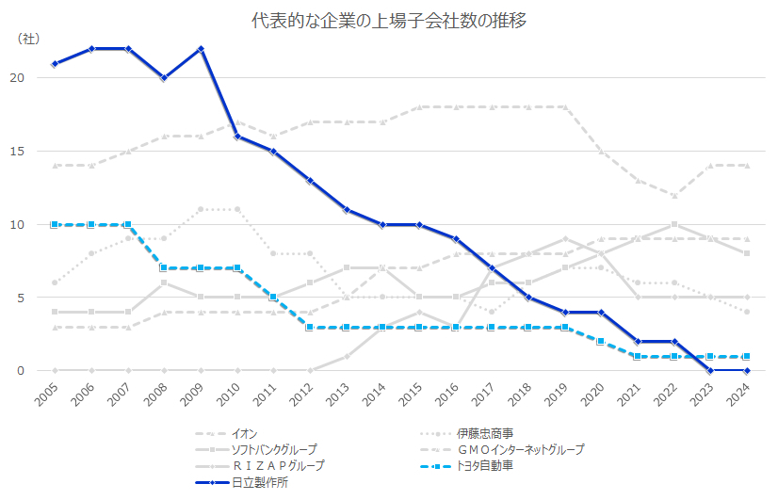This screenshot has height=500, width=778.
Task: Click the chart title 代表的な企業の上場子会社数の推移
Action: click(x=388, y=20)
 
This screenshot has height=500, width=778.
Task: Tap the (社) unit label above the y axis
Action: click(x=29, y=39)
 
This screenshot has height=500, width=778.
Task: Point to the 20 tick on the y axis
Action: click(x=32, y=78)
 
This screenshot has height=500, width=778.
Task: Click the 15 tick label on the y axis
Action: click(x=32, y=152)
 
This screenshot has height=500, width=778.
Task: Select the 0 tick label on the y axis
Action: click(x=35, y=371)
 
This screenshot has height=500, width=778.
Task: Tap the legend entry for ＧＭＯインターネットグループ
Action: click(x=520, y=450)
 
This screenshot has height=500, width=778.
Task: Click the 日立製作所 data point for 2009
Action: click(x=201, y=49)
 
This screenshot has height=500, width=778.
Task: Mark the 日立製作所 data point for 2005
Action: click(x=55, y=63)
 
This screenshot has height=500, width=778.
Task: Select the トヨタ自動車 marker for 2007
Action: click(x=128, y=225)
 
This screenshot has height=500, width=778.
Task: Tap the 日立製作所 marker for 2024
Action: click(x=746, y=371)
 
